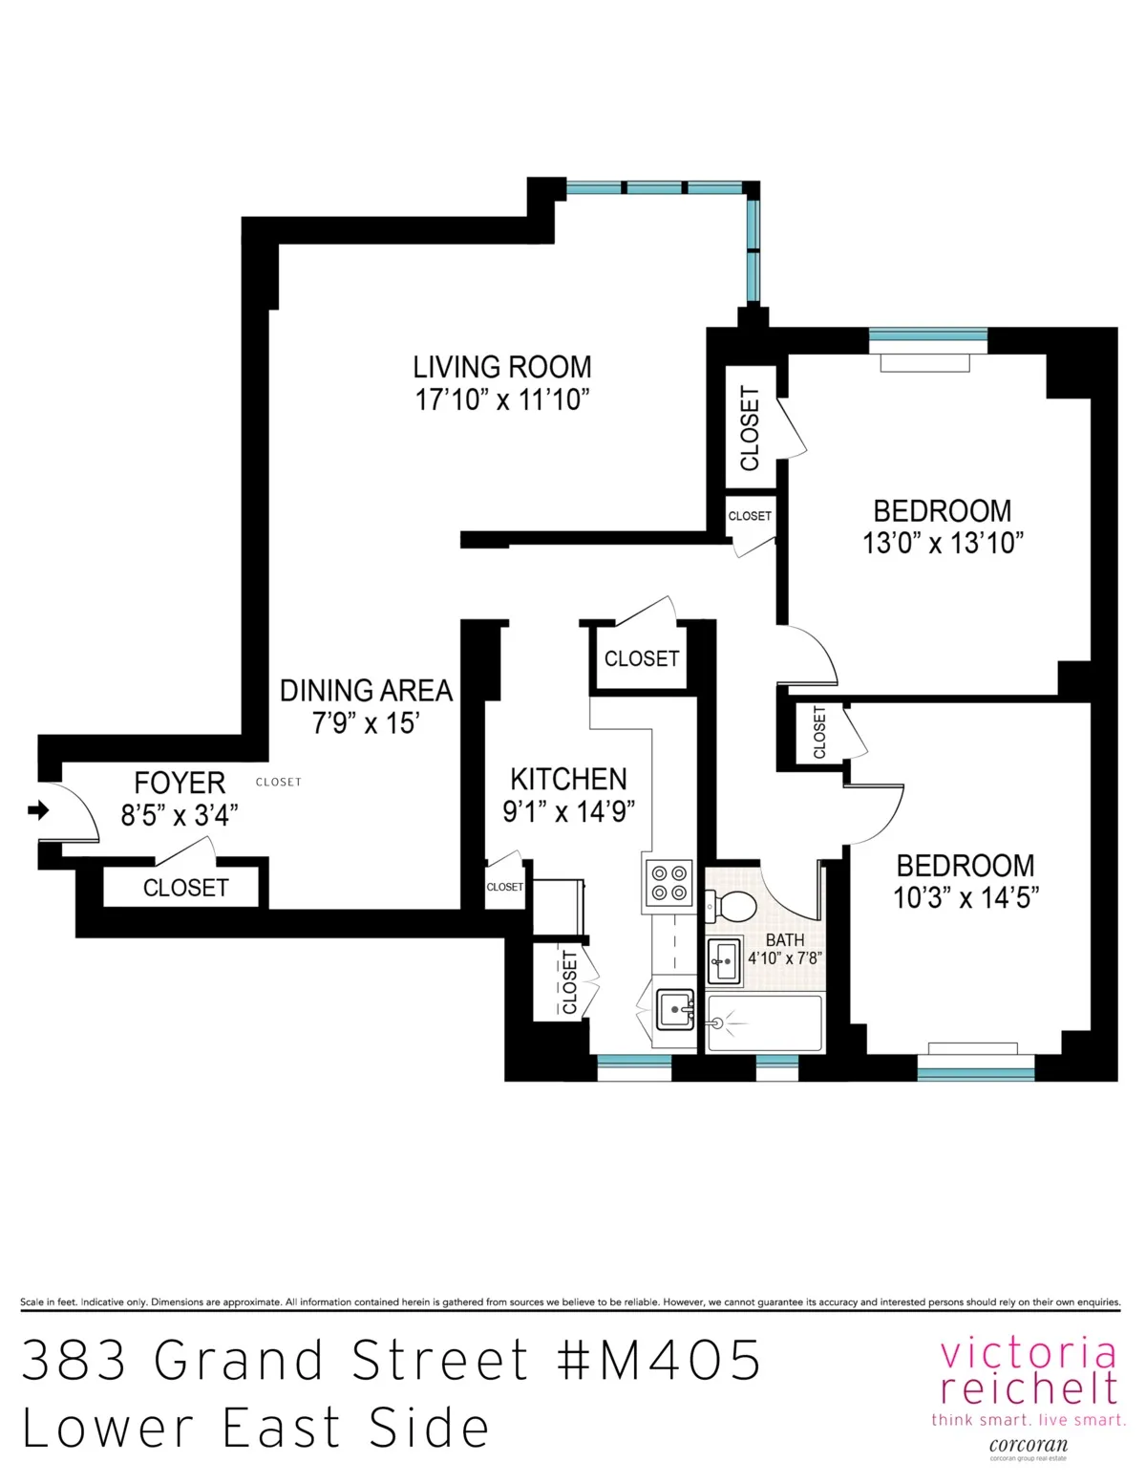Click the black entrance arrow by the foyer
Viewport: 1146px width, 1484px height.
click(38, 811)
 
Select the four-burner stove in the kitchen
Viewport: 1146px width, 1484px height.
click(668, 882)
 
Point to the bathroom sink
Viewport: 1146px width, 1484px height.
click(724, 959)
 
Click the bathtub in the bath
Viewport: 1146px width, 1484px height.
click(765, 1023)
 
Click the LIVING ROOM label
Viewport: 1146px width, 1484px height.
click(502, 367)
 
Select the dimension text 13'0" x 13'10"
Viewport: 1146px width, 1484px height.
click(943, 543)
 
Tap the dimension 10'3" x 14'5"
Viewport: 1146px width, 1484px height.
click(966, 898)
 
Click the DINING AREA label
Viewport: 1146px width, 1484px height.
click(366, 690)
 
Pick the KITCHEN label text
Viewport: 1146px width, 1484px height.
click(568, 779)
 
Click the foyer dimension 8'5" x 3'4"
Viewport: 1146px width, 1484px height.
click(179, 815)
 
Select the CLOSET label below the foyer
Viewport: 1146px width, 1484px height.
click(185, 888)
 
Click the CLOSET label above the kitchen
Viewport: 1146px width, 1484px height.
click(641, 658)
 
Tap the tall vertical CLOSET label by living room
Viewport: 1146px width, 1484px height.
click(750, 428)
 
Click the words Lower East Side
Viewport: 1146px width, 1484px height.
click(256, 1428)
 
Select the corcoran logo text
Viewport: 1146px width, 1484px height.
click(1029, 1445)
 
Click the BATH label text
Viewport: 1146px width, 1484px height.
click(784, 940)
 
